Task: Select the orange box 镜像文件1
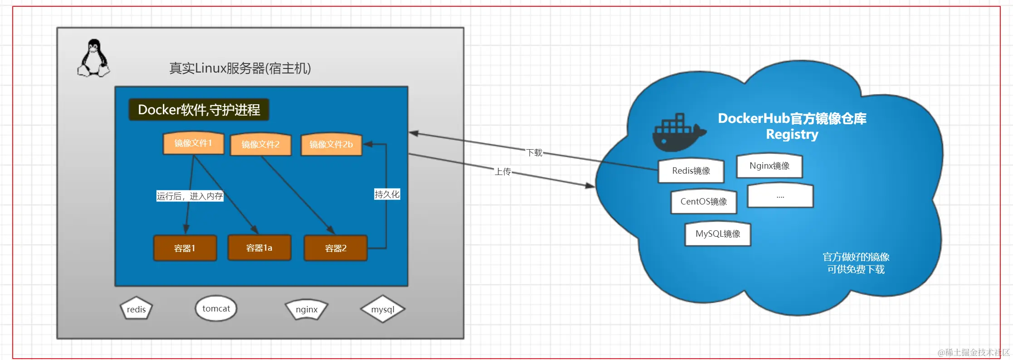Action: pos(193,143)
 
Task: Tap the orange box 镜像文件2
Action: pos(260,145)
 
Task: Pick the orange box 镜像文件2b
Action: pos(331,145)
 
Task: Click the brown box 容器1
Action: pos(185,248)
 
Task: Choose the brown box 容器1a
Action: pos(259,248)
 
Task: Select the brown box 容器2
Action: pos(336,248)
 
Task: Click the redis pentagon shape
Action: pos(136,309)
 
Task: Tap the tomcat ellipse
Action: pos(216,308)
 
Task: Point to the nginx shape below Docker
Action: pos(307,310)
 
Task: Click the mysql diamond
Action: pos(383,310)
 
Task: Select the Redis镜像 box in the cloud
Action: pos(691,171)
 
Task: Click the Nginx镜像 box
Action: pos(769,166)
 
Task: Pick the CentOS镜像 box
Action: pos(703,202)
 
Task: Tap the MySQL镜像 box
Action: pos(717,234)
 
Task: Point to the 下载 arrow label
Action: pos(534,153)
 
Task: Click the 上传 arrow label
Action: pos(502,172)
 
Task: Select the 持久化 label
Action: pos(387,195)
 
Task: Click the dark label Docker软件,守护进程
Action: pos(199,110)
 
